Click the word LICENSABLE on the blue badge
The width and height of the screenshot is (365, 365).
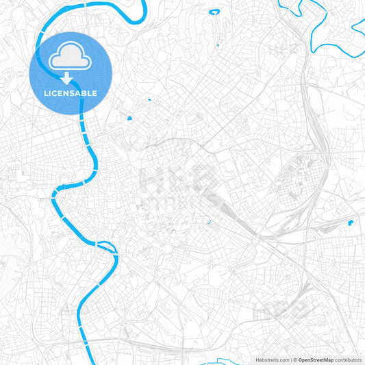pos(71,93)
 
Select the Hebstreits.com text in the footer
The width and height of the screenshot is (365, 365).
pos(270,359)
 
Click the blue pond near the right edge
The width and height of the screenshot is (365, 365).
pos(351,223)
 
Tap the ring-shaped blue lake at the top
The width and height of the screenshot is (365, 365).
pos(214,12)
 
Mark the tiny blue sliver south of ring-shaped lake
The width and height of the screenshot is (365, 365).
pos(217,45)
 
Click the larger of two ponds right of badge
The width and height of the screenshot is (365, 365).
pos(129,118)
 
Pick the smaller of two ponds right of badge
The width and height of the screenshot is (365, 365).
pos(147,101)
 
